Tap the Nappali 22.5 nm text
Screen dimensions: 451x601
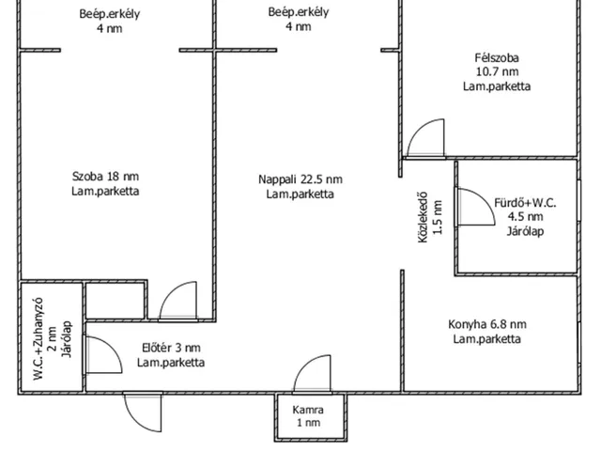pos(300,187)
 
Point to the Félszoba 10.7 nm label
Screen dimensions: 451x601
pos(497,71)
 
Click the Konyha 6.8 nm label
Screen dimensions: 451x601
pos(485,332)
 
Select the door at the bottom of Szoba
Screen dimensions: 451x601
pos(178,303)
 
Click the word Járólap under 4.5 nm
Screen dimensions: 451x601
pos(525,231)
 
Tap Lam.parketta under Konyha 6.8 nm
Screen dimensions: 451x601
pos(485,339)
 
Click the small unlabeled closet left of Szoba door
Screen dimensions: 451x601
pos(116,300)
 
